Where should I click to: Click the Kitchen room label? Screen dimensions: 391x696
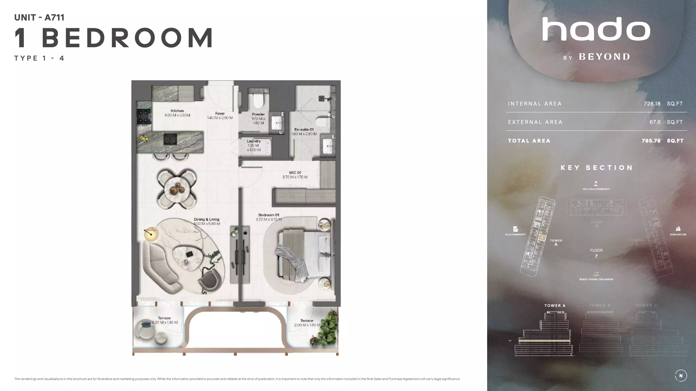177,111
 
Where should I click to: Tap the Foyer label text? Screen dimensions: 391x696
220,113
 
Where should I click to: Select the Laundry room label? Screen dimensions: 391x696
254,141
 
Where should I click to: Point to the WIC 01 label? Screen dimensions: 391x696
295,173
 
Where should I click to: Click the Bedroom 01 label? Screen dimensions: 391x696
268,215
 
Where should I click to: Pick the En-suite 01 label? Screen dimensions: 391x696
304,130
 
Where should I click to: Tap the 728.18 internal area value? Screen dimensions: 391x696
652,104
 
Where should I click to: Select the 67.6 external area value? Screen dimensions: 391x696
655,122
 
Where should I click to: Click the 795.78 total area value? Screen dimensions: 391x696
651,141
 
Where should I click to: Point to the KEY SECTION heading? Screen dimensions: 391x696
597,168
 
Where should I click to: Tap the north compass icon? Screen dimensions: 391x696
681,376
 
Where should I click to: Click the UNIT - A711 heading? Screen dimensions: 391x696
39,18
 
